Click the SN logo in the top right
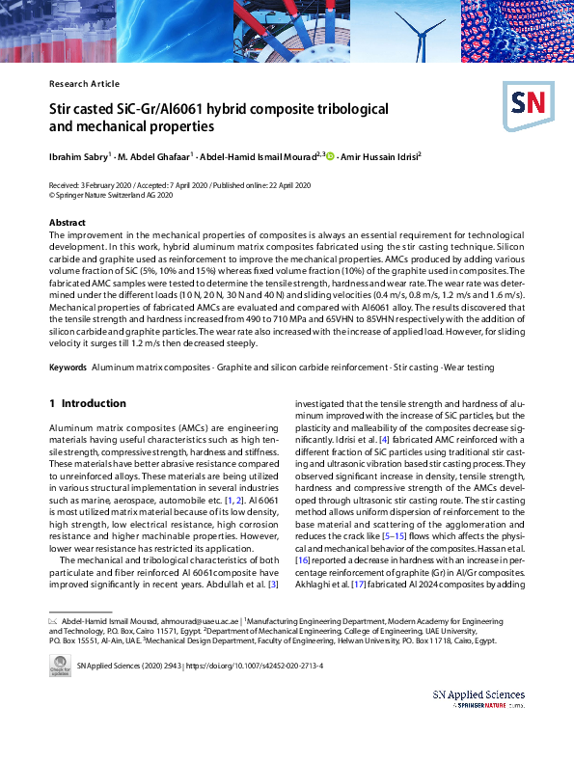pyautogui.click(x=525, y=102)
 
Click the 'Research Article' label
pyautogui.click(x=84, y=84)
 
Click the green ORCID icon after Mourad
pyautogui.click(x=330, y=154)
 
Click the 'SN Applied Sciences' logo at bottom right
pyautogui.click(x=478, y=698)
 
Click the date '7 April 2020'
pyautogui.click(x=176, y=184)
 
